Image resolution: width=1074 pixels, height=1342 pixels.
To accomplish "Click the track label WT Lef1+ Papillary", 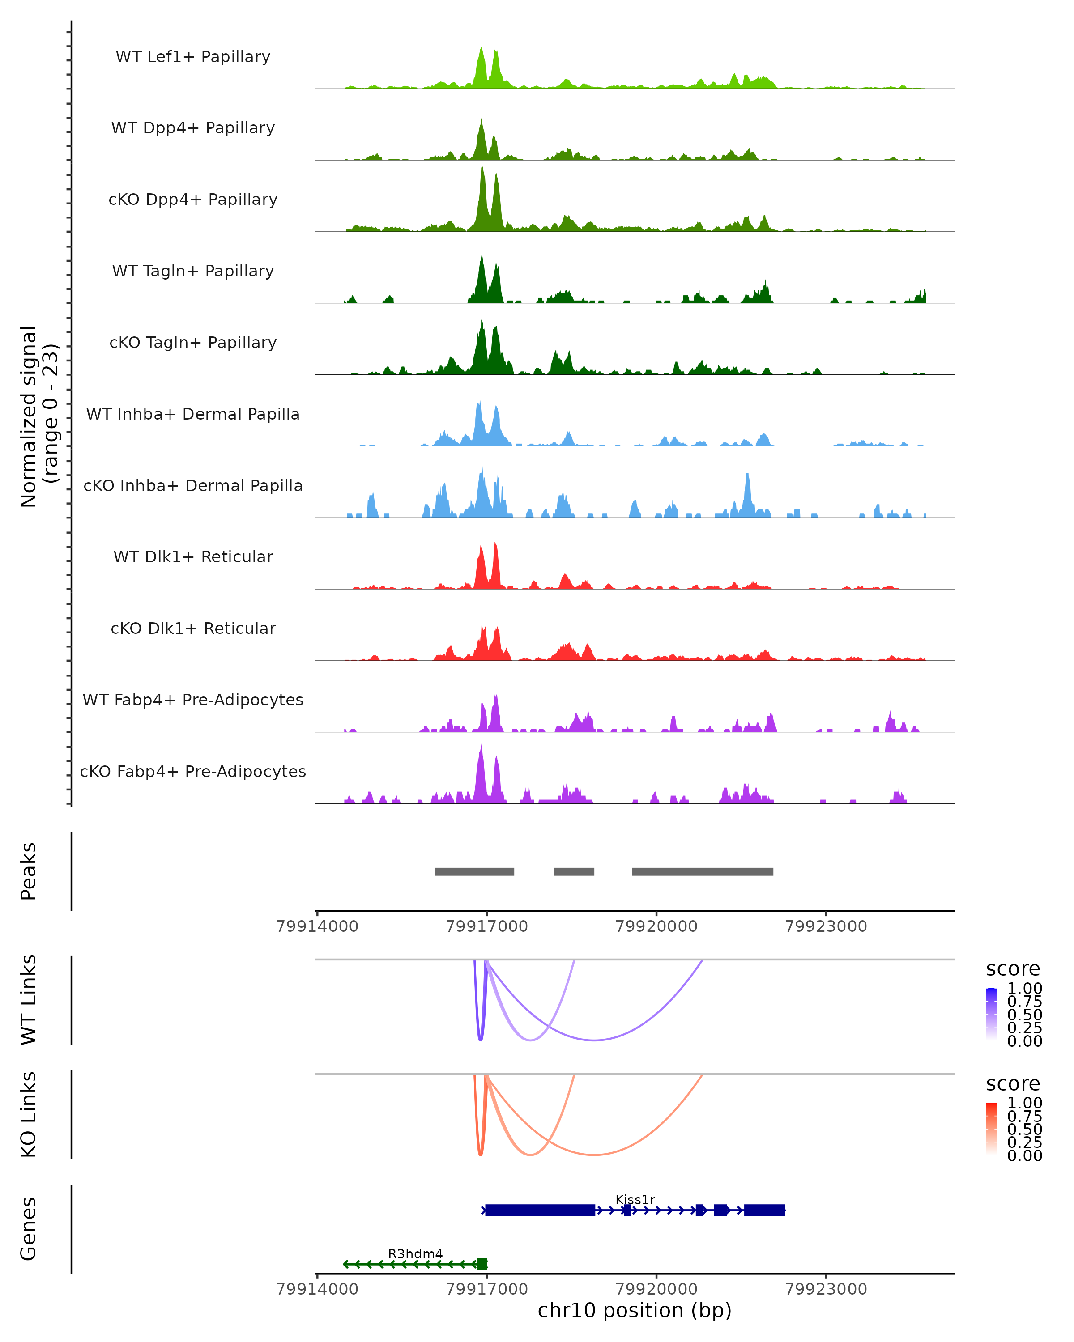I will coord(193,57).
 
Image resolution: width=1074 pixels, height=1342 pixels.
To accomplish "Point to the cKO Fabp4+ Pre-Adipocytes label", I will coord(193,771).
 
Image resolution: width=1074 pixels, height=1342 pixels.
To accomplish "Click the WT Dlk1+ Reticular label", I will coord(193,556).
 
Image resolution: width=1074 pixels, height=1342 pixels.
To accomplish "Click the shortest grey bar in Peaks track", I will coord(574,871).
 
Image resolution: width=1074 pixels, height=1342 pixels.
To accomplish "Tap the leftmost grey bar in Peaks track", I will coord(474,871).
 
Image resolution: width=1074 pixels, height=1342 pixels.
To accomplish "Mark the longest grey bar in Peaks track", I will coord(702,871).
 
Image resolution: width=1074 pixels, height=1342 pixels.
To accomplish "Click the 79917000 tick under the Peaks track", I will coord(487,926).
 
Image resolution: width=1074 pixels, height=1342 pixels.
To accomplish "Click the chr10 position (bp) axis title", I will coord(635,1311).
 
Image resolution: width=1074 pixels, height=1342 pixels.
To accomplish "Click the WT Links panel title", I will coord(29,1000).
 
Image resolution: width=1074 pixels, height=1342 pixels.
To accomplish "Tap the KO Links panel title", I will coord(29,1114).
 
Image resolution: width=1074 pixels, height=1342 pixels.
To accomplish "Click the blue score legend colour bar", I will coord(991,1014).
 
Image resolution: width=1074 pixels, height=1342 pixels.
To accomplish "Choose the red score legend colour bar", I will coord(991,1129).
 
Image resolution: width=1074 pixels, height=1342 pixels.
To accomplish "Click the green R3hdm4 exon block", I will coord(482,1264).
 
